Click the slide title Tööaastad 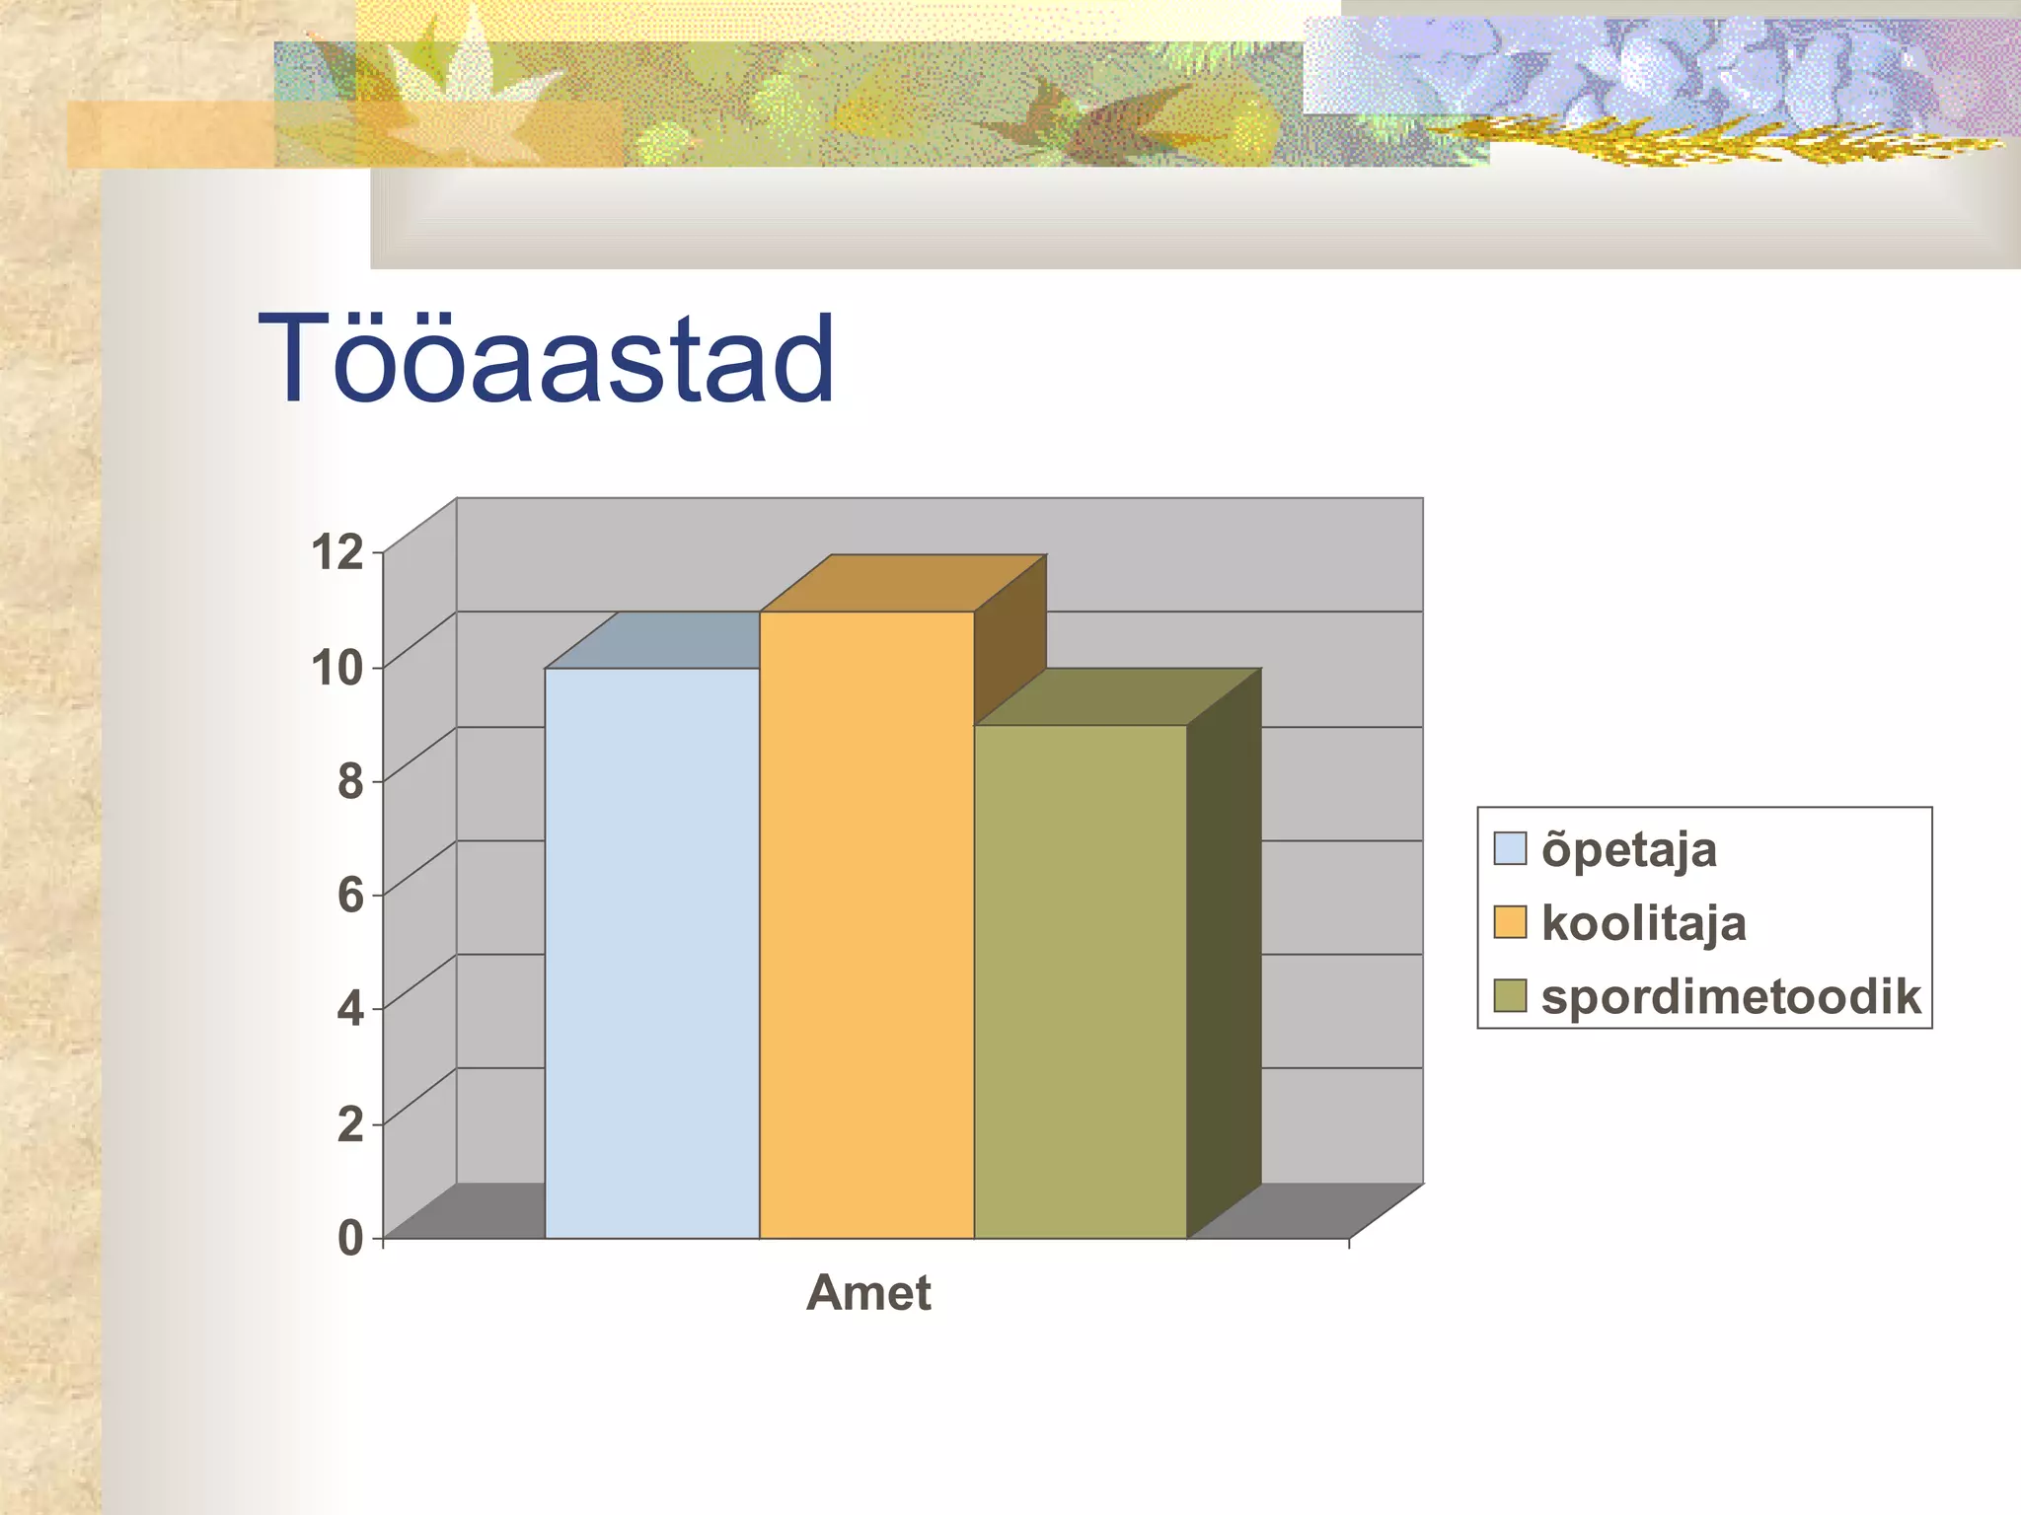point(546,359)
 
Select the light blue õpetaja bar point(651,952)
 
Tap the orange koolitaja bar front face point(865,924)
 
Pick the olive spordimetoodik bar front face point(1080,980)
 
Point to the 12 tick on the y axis point(338,552)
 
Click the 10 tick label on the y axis point(337,668)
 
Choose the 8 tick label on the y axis point(350,781)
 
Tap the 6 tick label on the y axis point(350,895)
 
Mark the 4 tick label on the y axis point(350,1009)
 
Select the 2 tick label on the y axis point(350,1123)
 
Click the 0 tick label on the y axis point(350,1238)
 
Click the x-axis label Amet point(867,1293)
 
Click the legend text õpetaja point(1628,849)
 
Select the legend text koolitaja point(1643,923)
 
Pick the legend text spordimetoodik point(1730,996)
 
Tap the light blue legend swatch point(1509,848)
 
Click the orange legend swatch point(1509,922)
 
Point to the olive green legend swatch point(1509,996)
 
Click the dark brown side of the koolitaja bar point(1009,641)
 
